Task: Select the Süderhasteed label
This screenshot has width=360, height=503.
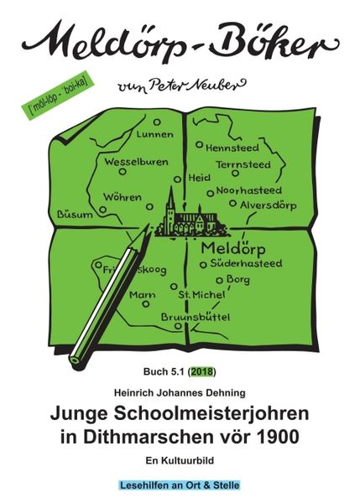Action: [246, 264]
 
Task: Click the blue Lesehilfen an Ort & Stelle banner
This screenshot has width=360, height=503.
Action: [179, 485]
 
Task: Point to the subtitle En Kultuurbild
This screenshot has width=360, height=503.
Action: [180, 460]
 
